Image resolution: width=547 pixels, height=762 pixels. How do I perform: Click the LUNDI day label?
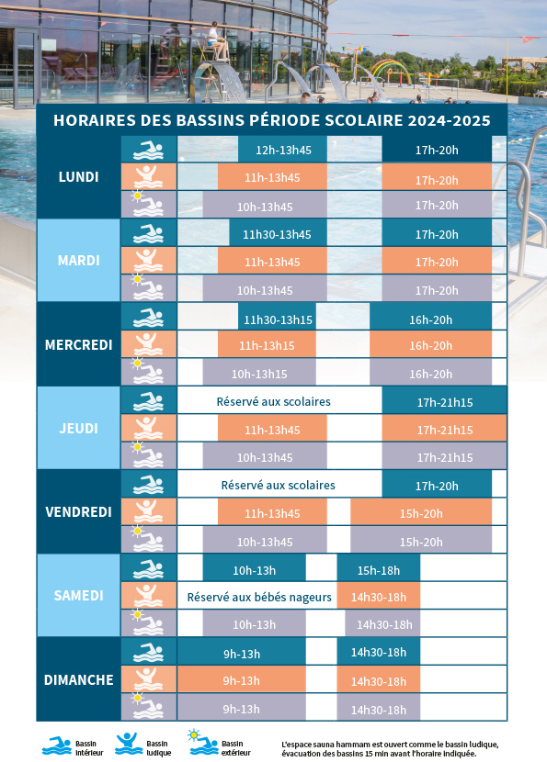coord(78,177)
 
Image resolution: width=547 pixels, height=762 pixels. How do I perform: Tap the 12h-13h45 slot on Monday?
coord(283,150)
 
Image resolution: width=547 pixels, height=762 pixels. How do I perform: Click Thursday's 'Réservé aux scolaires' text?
coord(274,401)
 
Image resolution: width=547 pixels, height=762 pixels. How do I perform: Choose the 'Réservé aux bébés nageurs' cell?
coord(259,597)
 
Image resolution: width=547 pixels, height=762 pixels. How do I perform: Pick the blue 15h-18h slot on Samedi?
coord(379,568)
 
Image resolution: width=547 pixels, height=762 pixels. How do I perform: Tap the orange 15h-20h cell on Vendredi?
coord(421,511)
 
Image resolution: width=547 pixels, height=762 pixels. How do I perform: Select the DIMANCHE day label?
coord(78,679)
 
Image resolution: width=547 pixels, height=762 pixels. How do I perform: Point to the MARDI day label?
coord(78,261)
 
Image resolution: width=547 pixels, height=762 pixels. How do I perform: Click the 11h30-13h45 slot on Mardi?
coord(278,233)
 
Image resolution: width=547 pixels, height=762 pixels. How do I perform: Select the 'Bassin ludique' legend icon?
coord(128,745)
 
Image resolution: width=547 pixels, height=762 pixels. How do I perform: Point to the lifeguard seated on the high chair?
coord(217,40)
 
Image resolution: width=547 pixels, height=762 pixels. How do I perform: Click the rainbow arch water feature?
coord(390,72)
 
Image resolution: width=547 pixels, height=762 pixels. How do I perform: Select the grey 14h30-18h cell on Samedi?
coord(384,624)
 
